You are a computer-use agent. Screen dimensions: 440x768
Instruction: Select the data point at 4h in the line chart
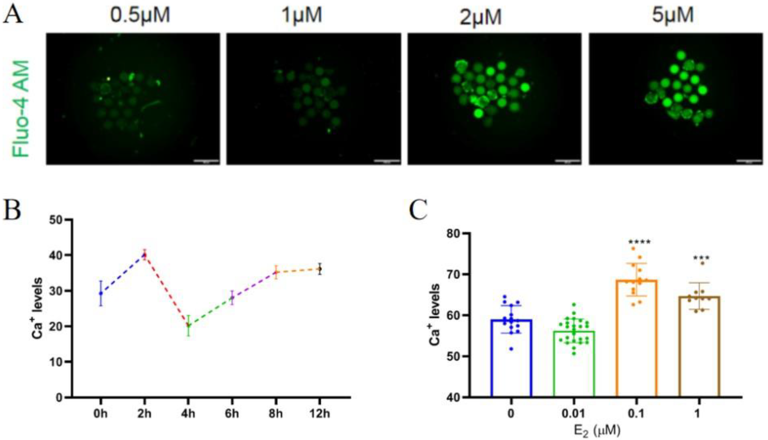[x=188, y=325]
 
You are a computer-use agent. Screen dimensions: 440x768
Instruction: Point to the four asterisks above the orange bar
[x=639, y=242]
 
